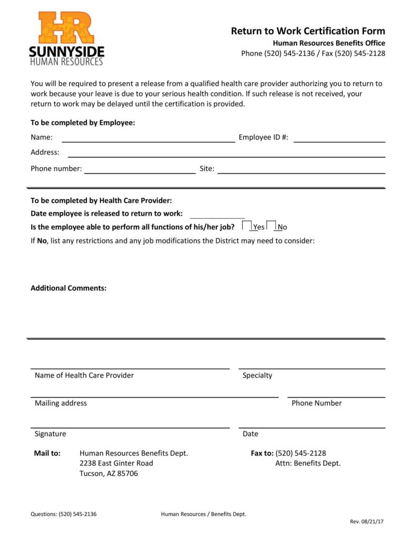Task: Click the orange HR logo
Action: click(66, 28)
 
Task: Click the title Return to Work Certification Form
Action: click(308, 31)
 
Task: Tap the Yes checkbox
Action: click(246, 226)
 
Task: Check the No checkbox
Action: click(271, 226)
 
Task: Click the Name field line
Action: click(148, 140)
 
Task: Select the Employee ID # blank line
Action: click(339, 140)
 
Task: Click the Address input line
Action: click(226, 155)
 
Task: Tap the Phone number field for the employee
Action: click(140, 171)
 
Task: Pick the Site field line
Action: click(301, 171)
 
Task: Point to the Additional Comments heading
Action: click(68, 288)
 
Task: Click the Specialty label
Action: click(257, 376)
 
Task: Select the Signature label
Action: click(51, 434)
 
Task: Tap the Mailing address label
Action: click(61, 403)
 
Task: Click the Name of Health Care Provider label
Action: click(84, 376)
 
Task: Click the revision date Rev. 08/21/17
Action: click(368, 522)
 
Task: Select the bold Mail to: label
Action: click(47, 453)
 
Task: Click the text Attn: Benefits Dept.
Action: click(308, 463)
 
